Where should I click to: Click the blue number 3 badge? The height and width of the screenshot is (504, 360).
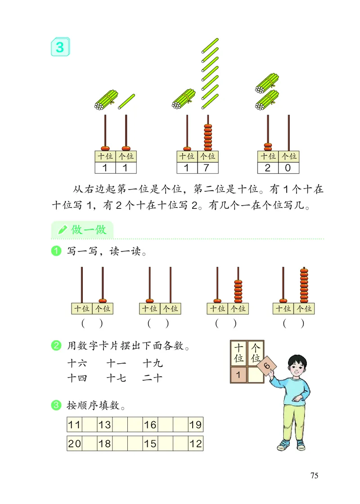60,47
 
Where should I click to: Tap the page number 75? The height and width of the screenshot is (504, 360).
314,476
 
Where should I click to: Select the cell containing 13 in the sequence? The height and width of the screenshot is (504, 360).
104,424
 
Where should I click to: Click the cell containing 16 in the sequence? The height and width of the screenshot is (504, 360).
150,424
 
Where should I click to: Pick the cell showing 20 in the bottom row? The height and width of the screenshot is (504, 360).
75,444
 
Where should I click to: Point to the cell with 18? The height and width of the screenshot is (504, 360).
104,444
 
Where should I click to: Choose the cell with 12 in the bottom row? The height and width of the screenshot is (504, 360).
196,444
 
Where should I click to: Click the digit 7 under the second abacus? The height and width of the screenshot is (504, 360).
207,168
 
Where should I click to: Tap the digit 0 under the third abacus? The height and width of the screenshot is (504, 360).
288,168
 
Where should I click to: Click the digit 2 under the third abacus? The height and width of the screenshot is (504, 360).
268,168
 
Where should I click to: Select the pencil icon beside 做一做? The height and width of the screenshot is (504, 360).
63,230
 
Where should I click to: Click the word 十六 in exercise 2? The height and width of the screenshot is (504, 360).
77,363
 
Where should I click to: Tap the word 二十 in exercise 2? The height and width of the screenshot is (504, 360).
152,378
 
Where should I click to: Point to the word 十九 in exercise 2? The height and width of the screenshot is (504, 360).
152,363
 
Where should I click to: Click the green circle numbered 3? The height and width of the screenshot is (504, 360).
56,405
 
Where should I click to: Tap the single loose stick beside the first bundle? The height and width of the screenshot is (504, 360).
126,101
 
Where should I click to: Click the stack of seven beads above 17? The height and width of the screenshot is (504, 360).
207,137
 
